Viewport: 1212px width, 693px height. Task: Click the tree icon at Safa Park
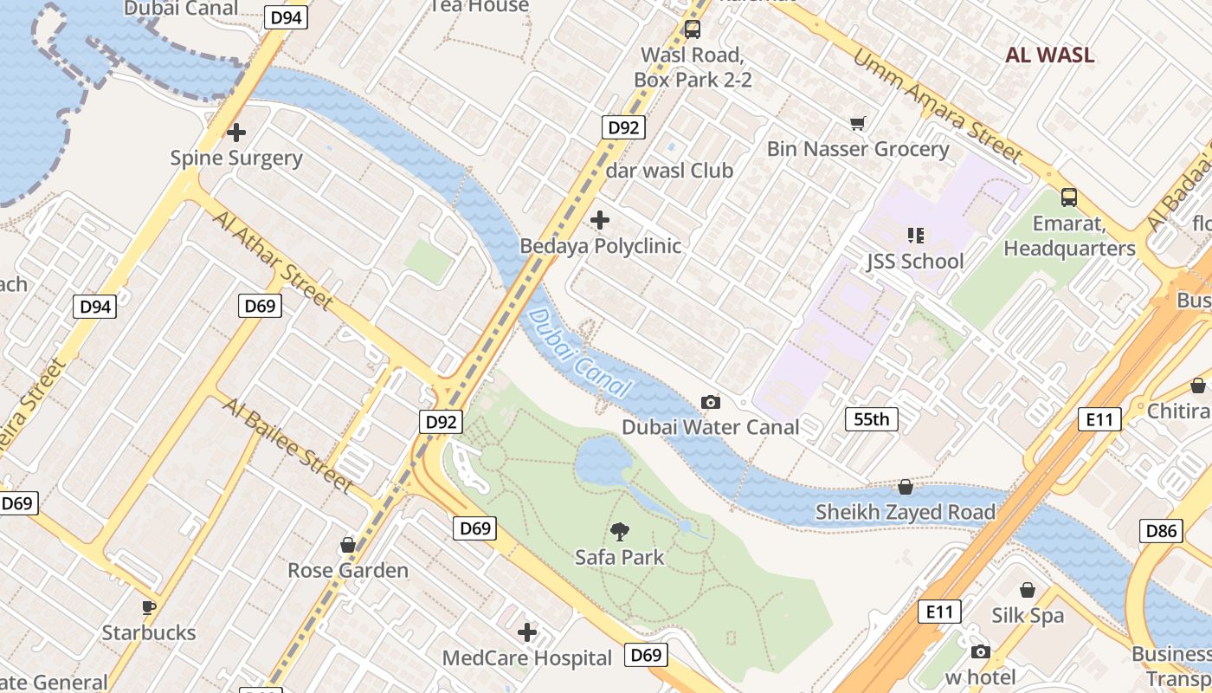tap(619, 531)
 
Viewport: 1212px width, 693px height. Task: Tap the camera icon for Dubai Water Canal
tap(711, 402)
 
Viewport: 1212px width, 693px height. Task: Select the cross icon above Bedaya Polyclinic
tap(599, 220)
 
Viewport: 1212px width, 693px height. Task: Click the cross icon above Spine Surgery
tap(236, 133)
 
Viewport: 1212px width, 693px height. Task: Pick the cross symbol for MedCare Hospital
tap(526, 632)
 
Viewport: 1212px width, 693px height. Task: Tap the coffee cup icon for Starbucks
tap(149, 606)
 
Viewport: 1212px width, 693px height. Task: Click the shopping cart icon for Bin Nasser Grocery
tap(858, 123)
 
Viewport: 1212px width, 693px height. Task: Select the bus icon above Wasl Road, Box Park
tap(692, 29)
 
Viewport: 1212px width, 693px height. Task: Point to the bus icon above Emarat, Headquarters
tap(1069, 197)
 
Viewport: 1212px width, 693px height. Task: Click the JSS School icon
tap(915, 235)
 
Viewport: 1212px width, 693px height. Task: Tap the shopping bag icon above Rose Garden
tap(348, 544)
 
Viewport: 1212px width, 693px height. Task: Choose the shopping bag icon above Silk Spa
tap(1028, 590)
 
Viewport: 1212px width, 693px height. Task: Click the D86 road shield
tap(1161, 530)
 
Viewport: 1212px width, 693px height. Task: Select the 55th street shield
tap(871, 420)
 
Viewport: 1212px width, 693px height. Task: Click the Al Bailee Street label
tap(287, 444)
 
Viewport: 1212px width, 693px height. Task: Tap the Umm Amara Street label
tap(938, 105)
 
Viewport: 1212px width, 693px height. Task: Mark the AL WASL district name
tap(1049, 55)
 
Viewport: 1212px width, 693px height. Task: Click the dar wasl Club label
tap(669, 171)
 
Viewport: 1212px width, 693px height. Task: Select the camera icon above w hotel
tap(980, 651)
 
